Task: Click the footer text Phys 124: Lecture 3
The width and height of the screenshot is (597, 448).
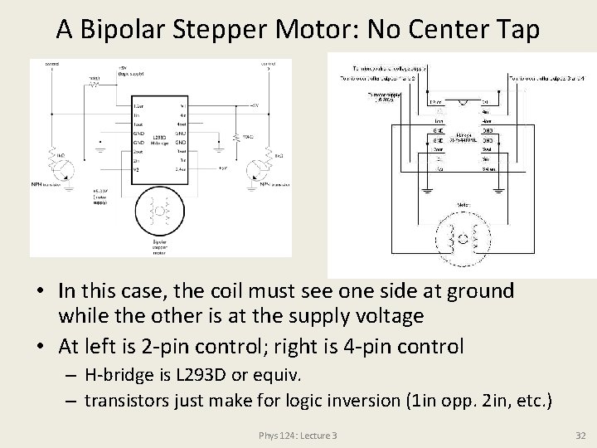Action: click(x=298, y=435)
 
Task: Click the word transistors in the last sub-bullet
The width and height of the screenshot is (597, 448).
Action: click(x=130, y=400)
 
